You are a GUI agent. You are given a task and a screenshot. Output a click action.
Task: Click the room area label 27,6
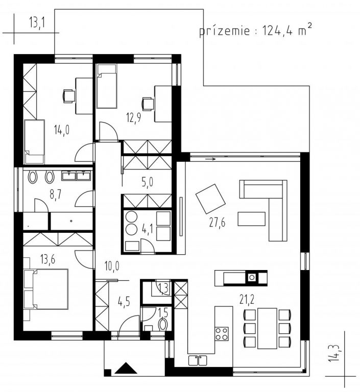coord(217,222)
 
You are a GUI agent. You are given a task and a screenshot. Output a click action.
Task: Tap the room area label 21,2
coord(247,299)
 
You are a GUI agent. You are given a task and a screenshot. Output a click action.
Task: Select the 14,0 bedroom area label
coord(62,130)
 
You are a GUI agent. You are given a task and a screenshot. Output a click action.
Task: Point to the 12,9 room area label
coord(134,117)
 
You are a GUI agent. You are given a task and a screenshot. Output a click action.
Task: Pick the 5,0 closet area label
coord(148,182)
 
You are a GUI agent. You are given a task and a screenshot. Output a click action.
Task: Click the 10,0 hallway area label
coord(112,266)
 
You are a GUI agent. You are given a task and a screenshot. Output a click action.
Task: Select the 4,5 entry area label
coord(124,302)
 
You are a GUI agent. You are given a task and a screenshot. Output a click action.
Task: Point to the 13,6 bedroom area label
coord(47,259)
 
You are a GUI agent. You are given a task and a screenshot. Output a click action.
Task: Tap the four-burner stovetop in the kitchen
coord(222,333)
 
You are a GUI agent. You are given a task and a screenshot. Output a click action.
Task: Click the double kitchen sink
coord(198,360)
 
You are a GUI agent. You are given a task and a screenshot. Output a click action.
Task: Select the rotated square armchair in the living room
coord(210,199)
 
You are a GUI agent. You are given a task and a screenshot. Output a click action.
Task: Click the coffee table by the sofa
coord(251,219)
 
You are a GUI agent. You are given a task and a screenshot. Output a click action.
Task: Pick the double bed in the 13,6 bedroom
coord(46,289)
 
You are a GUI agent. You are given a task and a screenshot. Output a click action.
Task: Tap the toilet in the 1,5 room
coord(163,325)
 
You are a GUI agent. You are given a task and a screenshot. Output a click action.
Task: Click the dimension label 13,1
coord(37,22)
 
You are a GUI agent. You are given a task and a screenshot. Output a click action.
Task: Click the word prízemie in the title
coord(224,31)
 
